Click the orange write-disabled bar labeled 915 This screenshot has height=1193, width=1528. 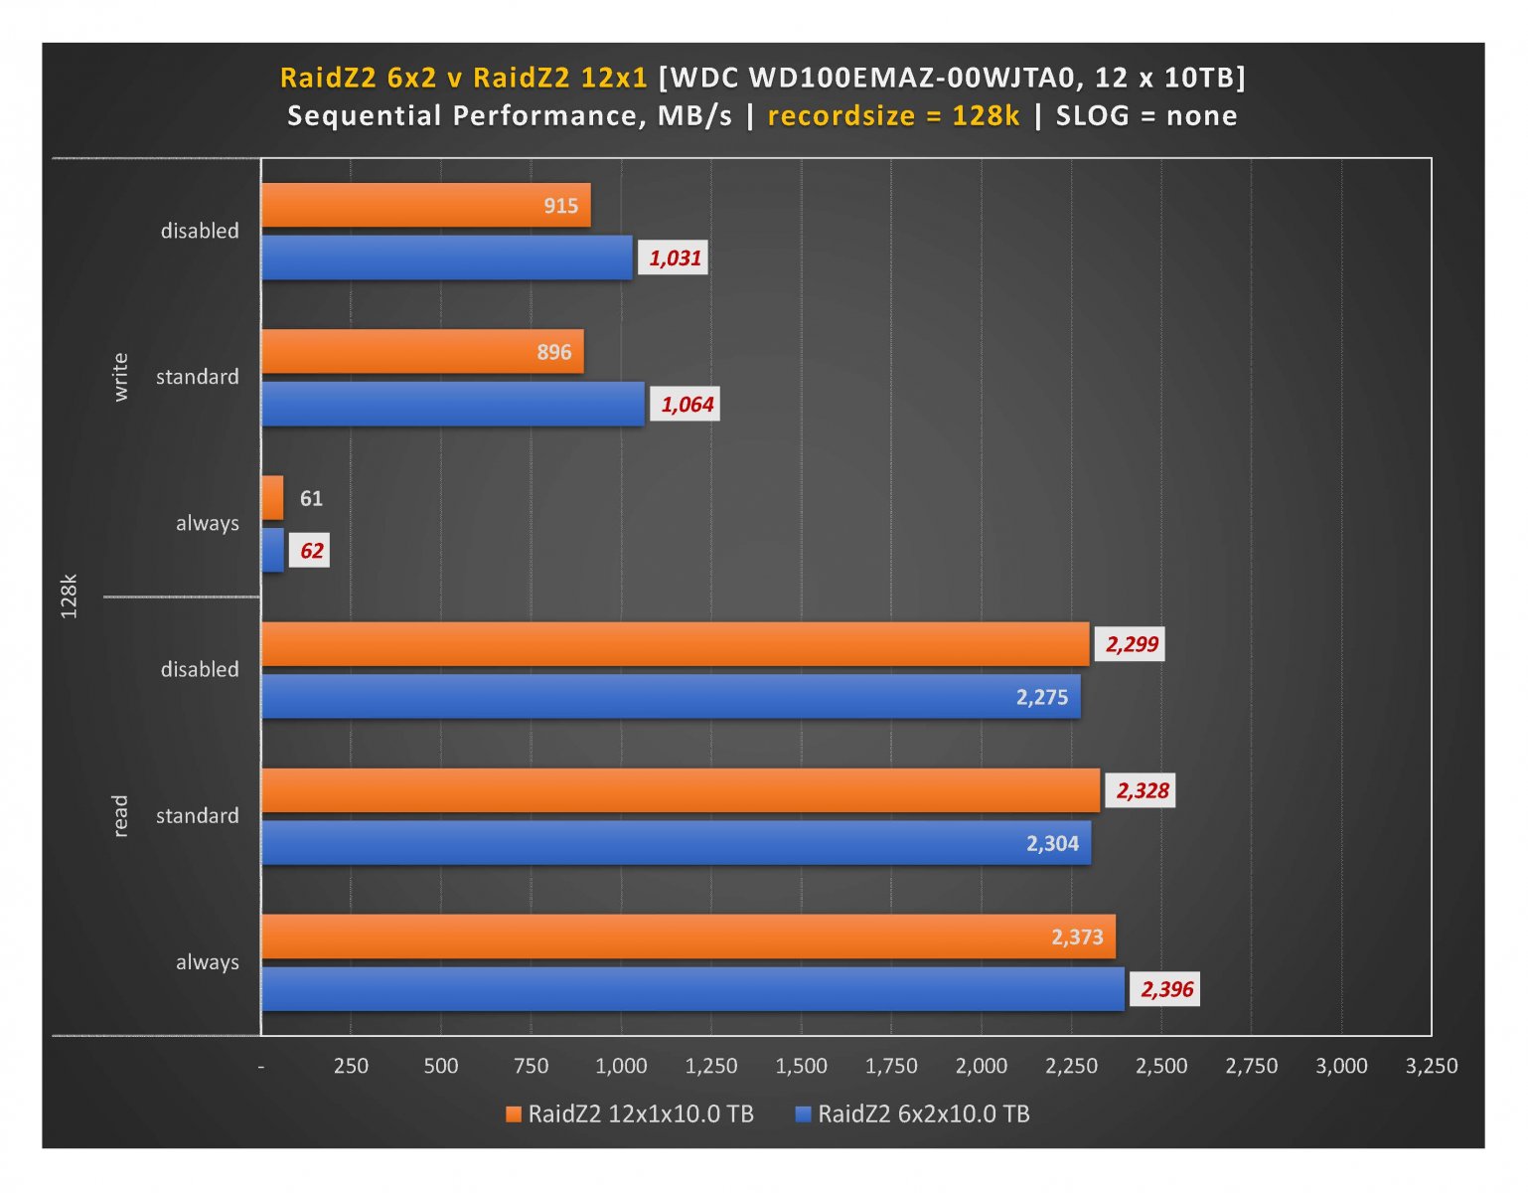425,206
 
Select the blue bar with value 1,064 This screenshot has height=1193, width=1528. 452,405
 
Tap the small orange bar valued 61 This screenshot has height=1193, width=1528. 272,498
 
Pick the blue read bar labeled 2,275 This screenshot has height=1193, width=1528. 671,697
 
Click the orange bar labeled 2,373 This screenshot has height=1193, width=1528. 688,937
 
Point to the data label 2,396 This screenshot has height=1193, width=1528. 1166,989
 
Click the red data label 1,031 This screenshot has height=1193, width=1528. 675,258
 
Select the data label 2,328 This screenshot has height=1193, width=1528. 1142,791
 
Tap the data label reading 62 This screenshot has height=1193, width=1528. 311,551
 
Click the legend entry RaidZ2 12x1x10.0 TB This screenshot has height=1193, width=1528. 630,1114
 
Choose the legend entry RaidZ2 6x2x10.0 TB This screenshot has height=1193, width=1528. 913,1114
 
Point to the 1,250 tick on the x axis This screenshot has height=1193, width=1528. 711,1067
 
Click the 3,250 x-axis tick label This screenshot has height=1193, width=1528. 1431,1067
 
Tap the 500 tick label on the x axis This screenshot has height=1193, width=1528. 441,1067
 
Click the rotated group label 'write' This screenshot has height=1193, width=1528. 120,377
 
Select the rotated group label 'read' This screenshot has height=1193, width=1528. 120,815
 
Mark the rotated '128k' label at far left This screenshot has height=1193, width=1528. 69,596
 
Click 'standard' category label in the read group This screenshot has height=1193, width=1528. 198,816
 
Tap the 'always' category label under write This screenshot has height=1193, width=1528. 207,524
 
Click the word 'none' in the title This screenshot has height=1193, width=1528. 1201,116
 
